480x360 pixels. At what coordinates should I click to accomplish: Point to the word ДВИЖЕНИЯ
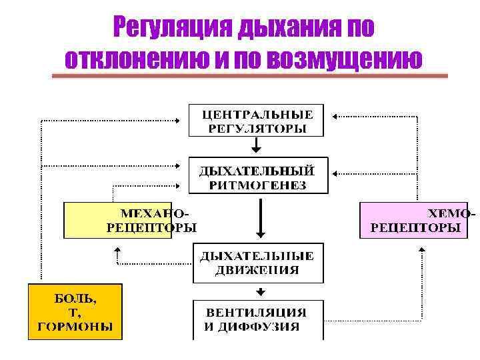pos(257,270)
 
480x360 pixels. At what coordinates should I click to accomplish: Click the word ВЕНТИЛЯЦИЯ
pos(257,312)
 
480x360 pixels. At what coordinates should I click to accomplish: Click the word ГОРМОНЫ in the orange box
pos(75,327)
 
